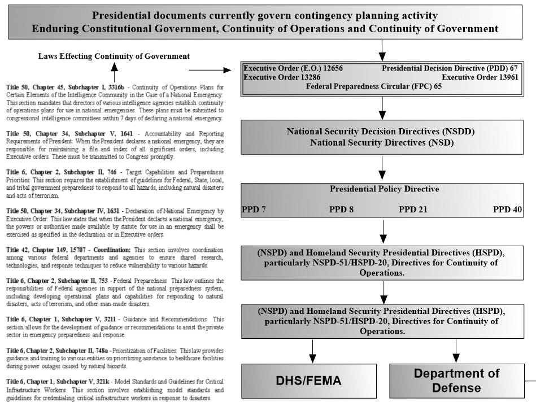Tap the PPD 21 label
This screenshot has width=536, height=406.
413,209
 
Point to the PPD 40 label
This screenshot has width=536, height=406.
507,209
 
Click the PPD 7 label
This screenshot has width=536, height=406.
254,209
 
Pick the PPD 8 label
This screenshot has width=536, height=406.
341,209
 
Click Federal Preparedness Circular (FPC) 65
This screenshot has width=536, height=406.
373,86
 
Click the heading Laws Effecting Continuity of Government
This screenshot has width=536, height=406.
114,56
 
